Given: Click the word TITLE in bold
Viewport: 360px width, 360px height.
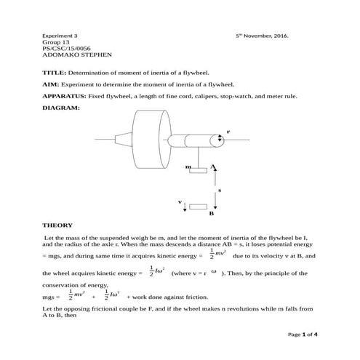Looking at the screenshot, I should pyautogui.click(x=54, y=73).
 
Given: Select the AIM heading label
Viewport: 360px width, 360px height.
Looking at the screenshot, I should pyautogui.click(x=51, y=84).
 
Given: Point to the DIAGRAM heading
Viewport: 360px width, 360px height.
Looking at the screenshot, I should pyautogui.click(x=60, y=108).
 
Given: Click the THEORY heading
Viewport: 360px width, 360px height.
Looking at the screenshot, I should pyautogui.click(x=57, y=225).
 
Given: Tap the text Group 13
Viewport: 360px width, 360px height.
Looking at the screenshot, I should pyautogui.click(x=55, y=41).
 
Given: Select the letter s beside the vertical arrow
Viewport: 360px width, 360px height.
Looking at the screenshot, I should pyautogui.click(x=220, y=190).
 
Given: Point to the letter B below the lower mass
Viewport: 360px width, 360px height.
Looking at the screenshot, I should pyautogui.click(x=211, y=215).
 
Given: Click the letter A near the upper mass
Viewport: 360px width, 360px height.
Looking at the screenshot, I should pyautogui.click(x=213, y=167).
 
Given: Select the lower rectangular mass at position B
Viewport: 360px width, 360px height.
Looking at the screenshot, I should pyautogui.click(x=198, y=207).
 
